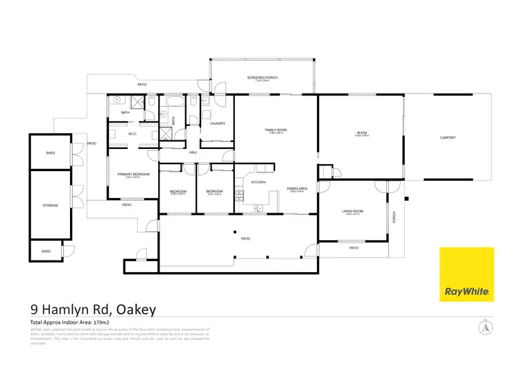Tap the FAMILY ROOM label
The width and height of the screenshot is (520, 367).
pyautogui.click(x=276, y=129)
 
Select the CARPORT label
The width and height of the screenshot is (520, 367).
pyautogui.click(x=447, y=138)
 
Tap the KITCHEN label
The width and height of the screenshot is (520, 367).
pyautogui.click(x=258, y=182)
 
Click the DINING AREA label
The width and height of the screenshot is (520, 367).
pyautogui.click(x=297, y=188)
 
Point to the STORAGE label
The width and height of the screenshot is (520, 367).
pyautogui.click(x=50, y=206)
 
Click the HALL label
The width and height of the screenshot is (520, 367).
pyautogui.click(x=193, y=152)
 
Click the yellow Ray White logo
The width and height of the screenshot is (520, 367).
pyautogui.click(x=467, y=274)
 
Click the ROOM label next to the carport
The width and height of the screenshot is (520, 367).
pyautogui.click(x=361, y=133)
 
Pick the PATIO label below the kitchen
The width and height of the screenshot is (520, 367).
pyautogui.click(x=244, y=239)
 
